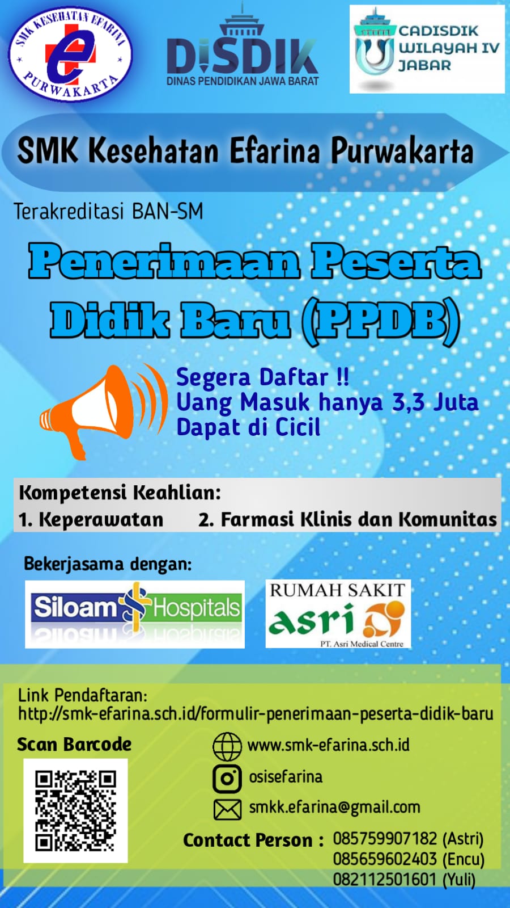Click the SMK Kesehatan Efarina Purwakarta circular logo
pyautogui.click(x=70, y=54)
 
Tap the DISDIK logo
pyautogui.click(x=243, y=45)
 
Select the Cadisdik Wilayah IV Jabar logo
pyautogui.click(x=427, y=49)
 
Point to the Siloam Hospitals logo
pyautogui.click(x=135, y=614)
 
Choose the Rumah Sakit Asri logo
pyautogui.click(x=338, y=613)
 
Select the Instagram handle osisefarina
pyautogui.click(x=286, y=777)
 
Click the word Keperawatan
pyautogui.click(x=101, y=520)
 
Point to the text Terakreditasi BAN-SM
pyautogui.click(x=108, y=212)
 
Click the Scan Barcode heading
pyautogui.click(x=74, y=745)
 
